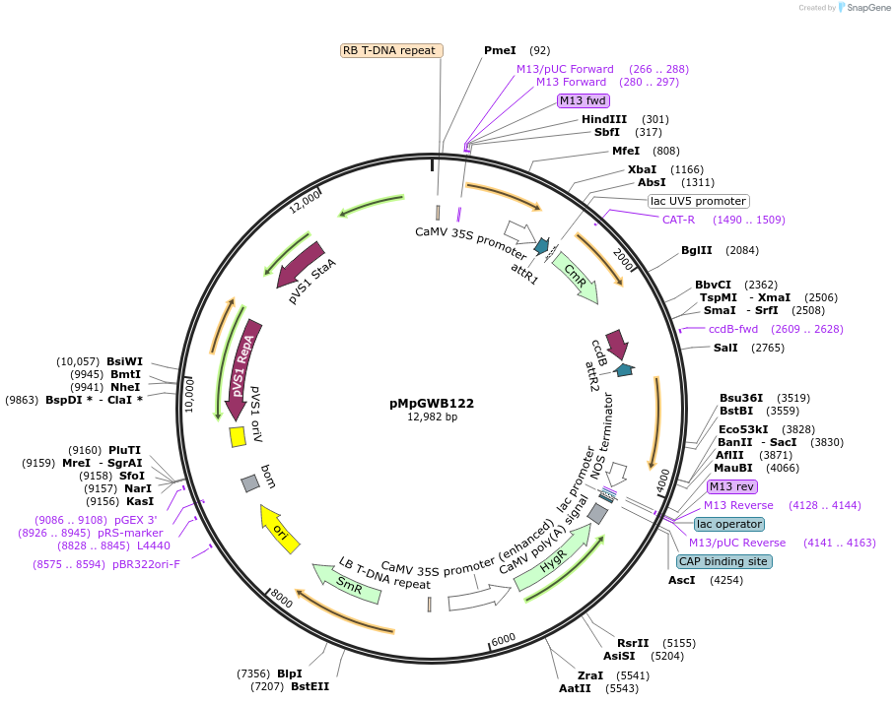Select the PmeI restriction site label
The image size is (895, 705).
click(500, 50)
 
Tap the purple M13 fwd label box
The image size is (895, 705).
click(583, 100)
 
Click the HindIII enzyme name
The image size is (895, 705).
click(604, 119)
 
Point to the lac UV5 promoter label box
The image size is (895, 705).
click(698, 201)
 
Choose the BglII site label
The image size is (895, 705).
click(696, 250)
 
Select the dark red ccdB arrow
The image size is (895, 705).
click(618, 344)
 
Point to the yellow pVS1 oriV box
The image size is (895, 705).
click(237, 436)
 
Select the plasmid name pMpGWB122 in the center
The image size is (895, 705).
click(432, 403)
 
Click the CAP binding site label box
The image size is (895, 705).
click(723, 561)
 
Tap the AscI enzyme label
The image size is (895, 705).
click(681, 580)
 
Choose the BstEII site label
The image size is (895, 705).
click(310, 686)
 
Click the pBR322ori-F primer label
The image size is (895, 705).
click(146, 564)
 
